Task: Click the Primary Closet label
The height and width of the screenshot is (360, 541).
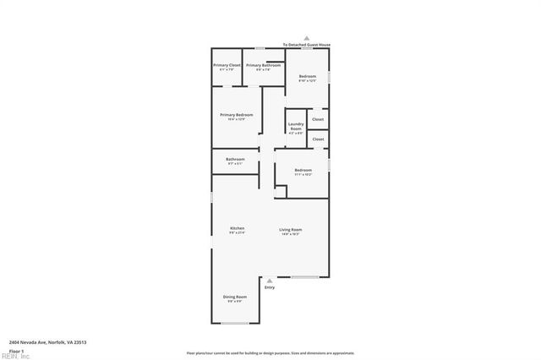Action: pos(227,65)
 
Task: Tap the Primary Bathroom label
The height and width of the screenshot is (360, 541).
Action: pos(264,65)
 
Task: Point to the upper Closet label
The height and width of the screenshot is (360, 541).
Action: pos(318,119)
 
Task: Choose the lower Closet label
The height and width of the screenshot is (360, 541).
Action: pos(318,139)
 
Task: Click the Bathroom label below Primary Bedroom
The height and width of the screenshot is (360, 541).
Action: pos(235,159)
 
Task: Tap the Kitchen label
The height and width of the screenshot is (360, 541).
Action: pos(238,229)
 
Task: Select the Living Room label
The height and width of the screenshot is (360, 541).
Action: pos(291,229)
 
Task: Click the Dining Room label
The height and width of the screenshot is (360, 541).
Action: pos(235,297)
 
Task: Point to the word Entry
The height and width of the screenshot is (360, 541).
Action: pos(270,288)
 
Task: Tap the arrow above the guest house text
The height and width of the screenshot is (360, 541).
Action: pos(307,38)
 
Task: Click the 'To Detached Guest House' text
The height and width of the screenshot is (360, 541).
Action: pos(306,44)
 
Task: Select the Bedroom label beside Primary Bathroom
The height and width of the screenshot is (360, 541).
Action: pos(308,76)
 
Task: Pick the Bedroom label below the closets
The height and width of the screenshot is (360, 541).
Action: pos(303,170)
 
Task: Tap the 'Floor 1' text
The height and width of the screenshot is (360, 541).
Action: pos(16,351)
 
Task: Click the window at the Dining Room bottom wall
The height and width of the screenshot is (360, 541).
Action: pos(235,323)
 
